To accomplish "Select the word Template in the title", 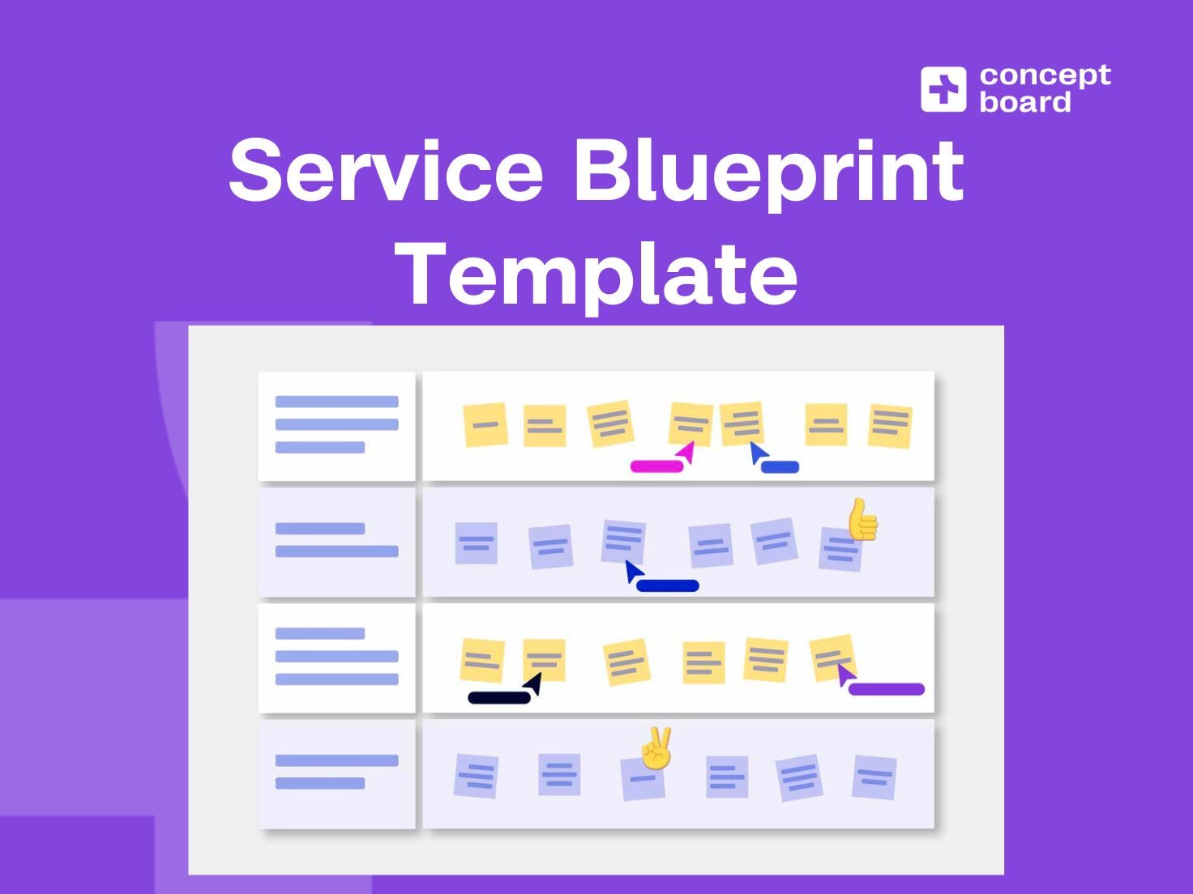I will [x=600, y=274].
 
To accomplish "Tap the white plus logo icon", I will [x=943, y=89].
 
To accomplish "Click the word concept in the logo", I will [x=1045, y=76].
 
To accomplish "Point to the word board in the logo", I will [x=1025, y=102].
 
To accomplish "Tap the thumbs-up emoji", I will [x=862, y=519].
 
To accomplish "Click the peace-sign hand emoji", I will [x=656, y=747].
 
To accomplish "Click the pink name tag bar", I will [x=656, y=466].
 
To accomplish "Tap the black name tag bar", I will [x=499, y=697].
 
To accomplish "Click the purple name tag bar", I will [x=886, y=689].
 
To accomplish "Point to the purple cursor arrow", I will [x=845, y=674].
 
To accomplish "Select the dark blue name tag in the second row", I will [x=667, y=585].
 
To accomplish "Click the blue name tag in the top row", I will [x=780, y=467].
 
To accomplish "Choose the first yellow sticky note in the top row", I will [x=485, y=425].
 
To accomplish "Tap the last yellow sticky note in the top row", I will [x=889, y=426].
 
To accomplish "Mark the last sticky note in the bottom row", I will [x=874, y=777].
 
